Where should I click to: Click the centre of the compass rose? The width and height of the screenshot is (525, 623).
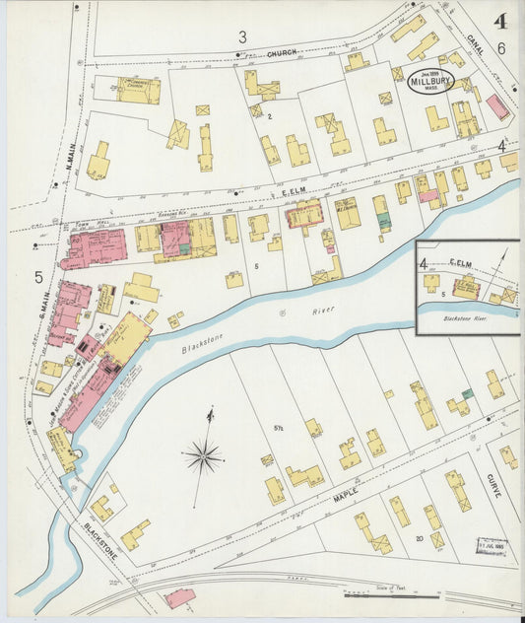point(203,455)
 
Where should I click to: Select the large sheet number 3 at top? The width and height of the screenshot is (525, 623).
point(241,37)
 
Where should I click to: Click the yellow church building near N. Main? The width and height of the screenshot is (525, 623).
point(139,90)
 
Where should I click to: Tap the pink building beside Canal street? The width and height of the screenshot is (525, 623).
point(497,106)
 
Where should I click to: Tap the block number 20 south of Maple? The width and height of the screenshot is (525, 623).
point(419,538)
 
